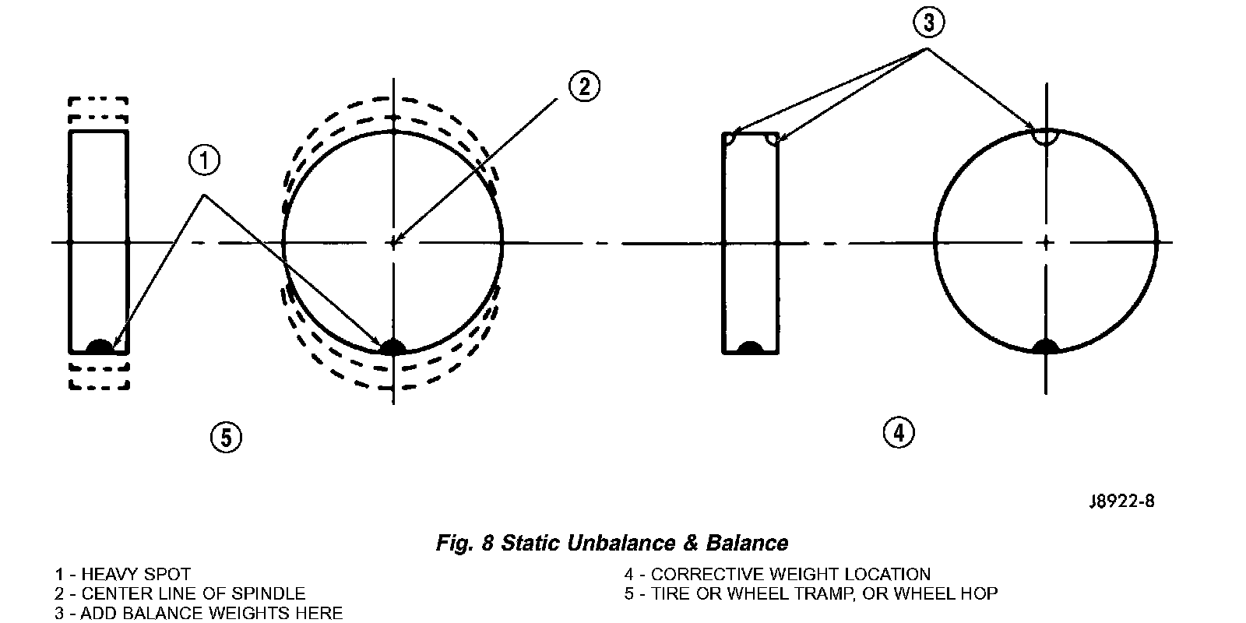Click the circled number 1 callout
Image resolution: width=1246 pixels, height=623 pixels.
[204, 162]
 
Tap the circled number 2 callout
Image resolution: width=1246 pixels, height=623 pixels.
[584, 86]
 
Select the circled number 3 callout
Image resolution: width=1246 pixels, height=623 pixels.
[928, 23]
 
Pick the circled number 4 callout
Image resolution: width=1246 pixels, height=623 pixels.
[899, 431]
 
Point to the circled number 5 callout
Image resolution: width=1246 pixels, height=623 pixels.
[226, 438]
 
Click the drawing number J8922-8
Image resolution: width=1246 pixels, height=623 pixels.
[1121, 501]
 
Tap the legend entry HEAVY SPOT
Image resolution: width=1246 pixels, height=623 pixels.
[136, 575]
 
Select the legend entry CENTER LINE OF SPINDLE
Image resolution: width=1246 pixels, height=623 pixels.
[193, 594]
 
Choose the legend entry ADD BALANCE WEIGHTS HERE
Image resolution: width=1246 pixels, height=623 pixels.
[211, 613]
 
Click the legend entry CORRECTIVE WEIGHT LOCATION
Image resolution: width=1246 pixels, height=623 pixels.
[790, 575]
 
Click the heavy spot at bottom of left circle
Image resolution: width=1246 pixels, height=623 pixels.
[392, 347]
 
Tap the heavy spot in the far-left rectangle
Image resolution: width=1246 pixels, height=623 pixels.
[99, 347]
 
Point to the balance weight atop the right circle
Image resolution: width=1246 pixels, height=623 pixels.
[1045, 137]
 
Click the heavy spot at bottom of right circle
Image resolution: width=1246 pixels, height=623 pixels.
[1045, 347]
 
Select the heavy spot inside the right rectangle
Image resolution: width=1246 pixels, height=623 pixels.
[750, 347]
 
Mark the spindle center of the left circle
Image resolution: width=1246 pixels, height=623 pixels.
[394, 243]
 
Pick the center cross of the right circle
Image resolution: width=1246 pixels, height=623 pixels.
[1046, 242]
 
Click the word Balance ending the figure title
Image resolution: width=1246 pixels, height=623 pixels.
[748, 543]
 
